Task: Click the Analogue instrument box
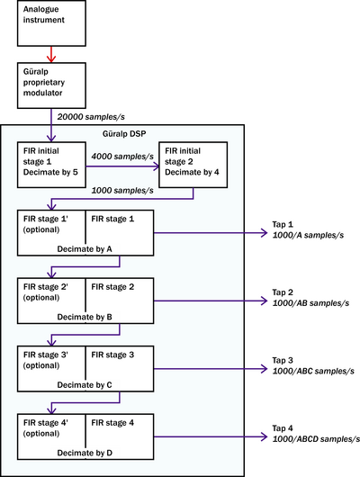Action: (51, 23)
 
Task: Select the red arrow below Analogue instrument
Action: (51, 55)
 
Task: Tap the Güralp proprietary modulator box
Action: (51, 85)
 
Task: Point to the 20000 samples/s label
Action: (91, 117)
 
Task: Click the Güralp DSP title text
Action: (124, 133)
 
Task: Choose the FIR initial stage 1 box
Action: (51, 165)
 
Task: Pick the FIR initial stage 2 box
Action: (193, 165)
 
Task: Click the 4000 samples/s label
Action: (122, 157)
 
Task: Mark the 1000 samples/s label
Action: (122, 191)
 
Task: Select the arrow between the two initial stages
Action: (122, 166)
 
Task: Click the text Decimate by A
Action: (85, 249)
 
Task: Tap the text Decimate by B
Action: (85, 317)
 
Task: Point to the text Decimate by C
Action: (85, 385)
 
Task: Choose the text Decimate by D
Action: (85, 453)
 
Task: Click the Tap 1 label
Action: (283, 224)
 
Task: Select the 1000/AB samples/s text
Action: (310, 303)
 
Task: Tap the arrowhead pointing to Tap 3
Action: (264, 369)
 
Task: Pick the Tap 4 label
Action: (283, 428)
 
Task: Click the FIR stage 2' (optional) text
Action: (46, 292)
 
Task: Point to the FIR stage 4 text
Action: (112, 423)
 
